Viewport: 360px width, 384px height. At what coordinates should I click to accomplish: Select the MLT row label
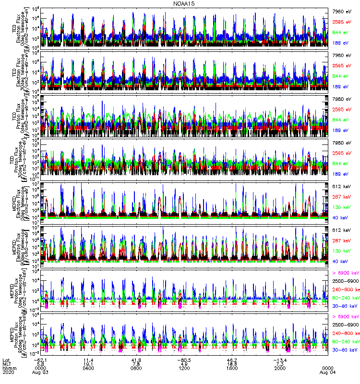[x=7, y=364]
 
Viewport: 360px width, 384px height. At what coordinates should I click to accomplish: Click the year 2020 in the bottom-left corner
[x=8, y=372]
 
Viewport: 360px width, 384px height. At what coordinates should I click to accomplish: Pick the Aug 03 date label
[x=40, y=372]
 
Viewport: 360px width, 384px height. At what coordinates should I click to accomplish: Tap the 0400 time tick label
[x=88, y=368]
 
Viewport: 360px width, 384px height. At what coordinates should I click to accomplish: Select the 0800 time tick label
[x=136, y=368]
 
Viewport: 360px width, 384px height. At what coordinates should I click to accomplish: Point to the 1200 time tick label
[x=184, y=368]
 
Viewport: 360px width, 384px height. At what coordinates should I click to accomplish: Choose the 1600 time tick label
[x=232, y=368]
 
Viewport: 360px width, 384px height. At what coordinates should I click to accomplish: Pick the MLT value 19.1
[x=88, y=364]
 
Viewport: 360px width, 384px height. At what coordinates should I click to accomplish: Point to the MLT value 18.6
[x=232, y=364]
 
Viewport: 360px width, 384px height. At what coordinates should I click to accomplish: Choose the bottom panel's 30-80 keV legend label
[x=344, y=351]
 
